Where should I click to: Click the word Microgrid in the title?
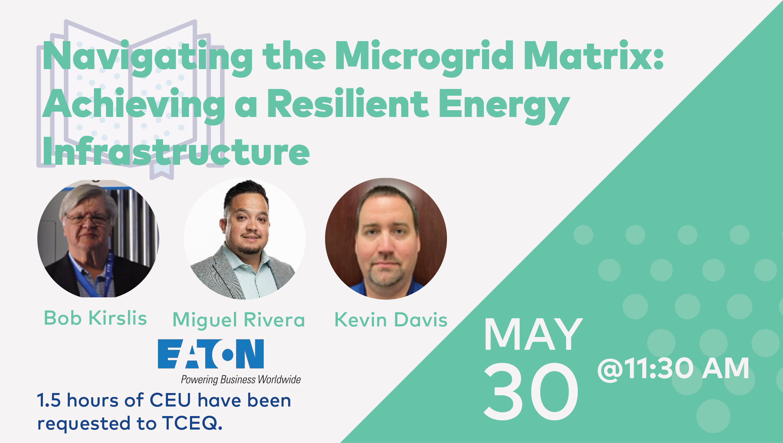(424, 57)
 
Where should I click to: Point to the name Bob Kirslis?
(95, 318)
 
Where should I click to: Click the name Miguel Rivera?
(239, 320)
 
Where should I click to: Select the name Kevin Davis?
(391, 320)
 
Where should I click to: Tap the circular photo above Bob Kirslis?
(98, 239)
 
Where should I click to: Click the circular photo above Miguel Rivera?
(245, 239)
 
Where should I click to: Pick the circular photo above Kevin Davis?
(386, 239)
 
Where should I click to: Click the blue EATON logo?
(211, 354)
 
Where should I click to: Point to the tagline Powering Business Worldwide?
(241, 380)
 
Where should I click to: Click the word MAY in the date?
(533, 334)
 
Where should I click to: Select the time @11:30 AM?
(673, 369)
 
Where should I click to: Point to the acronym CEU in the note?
(170, 400)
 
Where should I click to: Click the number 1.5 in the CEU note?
(49, 400)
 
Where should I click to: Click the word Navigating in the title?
(147, 57)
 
